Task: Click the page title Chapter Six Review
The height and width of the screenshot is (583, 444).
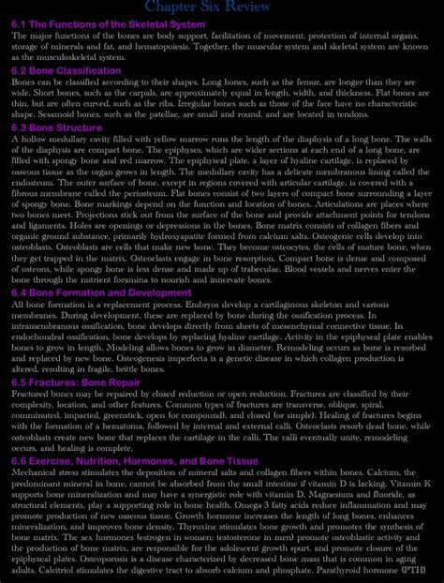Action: pos(221,8)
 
